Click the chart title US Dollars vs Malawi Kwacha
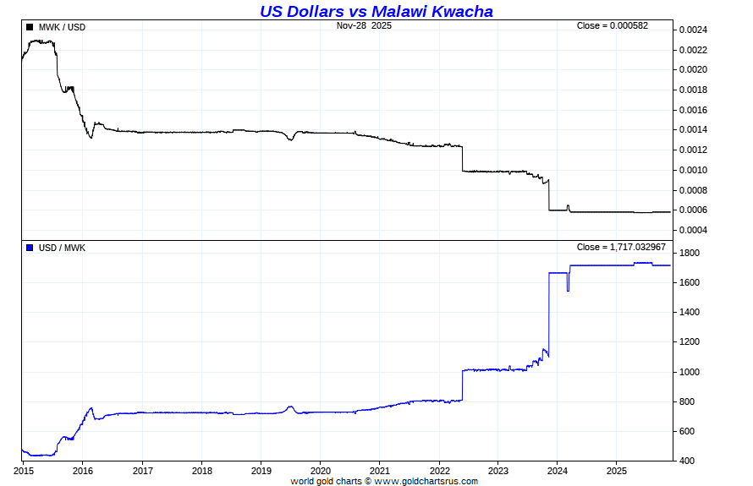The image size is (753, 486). (x=376, y=11)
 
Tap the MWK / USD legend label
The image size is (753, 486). (x=62, y=27)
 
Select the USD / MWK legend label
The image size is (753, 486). (x=62, y=248)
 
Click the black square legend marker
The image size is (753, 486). (x=30, y=27)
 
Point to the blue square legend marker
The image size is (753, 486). (x=30, y=248)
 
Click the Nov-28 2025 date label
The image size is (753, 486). (x=364, y=25)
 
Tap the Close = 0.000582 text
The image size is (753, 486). (x=612, y=25)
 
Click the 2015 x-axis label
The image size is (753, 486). (x=23, y=470)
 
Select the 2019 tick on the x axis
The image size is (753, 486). (x=261, y=470)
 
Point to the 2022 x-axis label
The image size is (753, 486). (x=439, y=470)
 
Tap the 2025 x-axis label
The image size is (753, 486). (x=617, y=470)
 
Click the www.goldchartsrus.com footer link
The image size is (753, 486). (x=426, y=481)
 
